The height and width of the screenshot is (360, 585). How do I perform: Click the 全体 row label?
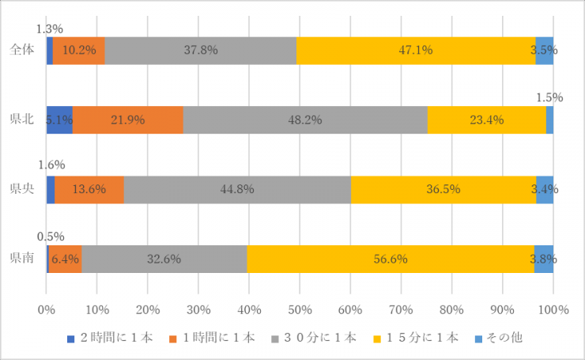[x=21, y=50]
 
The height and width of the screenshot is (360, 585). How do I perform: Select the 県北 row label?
[x=21, y=119]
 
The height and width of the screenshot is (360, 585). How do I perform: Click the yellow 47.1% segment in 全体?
[x=416, y=50]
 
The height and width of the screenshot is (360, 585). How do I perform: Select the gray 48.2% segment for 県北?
[x=305, y=119]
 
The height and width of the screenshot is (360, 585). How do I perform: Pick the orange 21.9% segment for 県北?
[x=128, y=119]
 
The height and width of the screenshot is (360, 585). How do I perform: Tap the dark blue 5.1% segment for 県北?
[x=59, y=119]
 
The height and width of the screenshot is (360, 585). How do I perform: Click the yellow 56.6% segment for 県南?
[x=391, y=258]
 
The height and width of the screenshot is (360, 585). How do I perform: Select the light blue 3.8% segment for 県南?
[x=544, y=258]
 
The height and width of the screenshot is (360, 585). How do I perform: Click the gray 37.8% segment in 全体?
[x=201, y=50]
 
